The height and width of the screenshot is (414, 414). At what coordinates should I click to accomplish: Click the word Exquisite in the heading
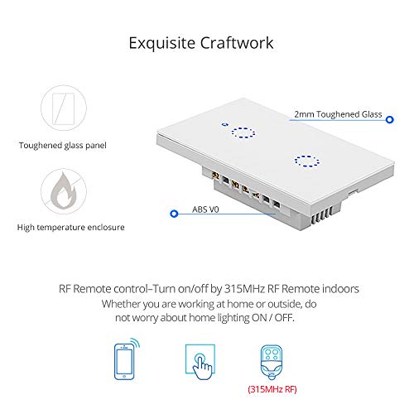162,43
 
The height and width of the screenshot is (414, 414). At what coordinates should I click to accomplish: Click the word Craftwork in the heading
237,43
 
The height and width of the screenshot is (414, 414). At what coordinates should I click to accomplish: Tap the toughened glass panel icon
64,108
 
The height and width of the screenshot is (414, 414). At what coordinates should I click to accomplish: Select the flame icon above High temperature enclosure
64,191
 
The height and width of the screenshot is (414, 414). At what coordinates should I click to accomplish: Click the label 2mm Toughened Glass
338,114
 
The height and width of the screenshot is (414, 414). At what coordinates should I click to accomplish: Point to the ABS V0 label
205,209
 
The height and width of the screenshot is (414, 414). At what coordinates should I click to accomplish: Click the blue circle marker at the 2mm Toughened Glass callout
389,120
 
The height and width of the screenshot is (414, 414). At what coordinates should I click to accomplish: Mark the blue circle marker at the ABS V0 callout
174,214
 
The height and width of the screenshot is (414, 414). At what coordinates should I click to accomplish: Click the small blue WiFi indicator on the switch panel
225,124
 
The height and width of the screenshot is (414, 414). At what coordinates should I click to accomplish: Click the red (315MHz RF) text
272,389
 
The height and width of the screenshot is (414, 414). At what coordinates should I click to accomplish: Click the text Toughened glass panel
63,146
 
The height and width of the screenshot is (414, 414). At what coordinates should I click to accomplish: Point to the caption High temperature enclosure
70,228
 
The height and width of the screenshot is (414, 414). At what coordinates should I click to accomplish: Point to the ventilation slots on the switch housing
322,216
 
